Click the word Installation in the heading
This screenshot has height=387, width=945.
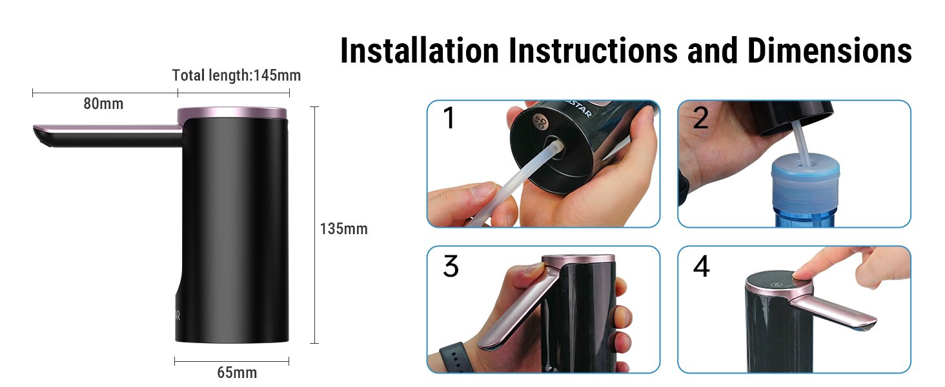pos(420,50)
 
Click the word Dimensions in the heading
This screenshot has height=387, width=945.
pos(829,50)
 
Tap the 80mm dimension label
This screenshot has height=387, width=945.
pos(103,104)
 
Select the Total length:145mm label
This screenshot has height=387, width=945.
pos(236,75)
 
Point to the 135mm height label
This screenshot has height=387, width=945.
pos(344,229)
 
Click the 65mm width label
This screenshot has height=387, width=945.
pos(237,373)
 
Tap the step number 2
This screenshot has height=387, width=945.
pos(701,118)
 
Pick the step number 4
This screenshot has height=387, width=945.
pos(701,266)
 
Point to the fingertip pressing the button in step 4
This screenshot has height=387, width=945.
pos(802,273)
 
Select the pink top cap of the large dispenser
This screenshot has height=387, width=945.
pos(232,113)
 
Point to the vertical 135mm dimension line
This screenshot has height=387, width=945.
pos(314,225)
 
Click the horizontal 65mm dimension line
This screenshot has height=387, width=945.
pos(232,361)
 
